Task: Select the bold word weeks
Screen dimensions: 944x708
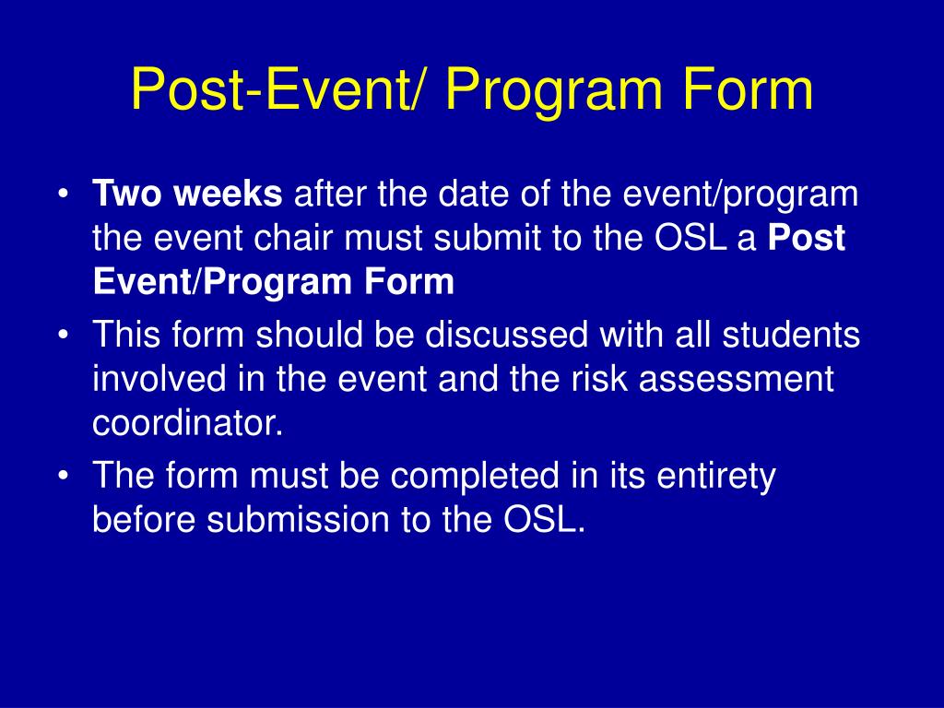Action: [228, 194]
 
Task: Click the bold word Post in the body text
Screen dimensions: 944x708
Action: [808, 238]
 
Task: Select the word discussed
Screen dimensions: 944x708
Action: [506, 334]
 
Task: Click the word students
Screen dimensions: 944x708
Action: [791, 334]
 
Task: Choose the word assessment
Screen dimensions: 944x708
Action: [737, 379]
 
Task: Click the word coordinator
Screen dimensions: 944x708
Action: [187, 422]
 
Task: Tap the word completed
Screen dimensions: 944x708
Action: [475, 477]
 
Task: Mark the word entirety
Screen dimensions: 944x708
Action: [715, 477]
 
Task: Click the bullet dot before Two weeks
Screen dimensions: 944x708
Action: [63, 195]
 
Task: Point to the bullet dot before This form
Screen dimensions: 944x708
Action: [63, 335]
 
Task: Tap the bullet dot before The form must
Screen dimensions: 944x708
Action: [63, 476]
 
